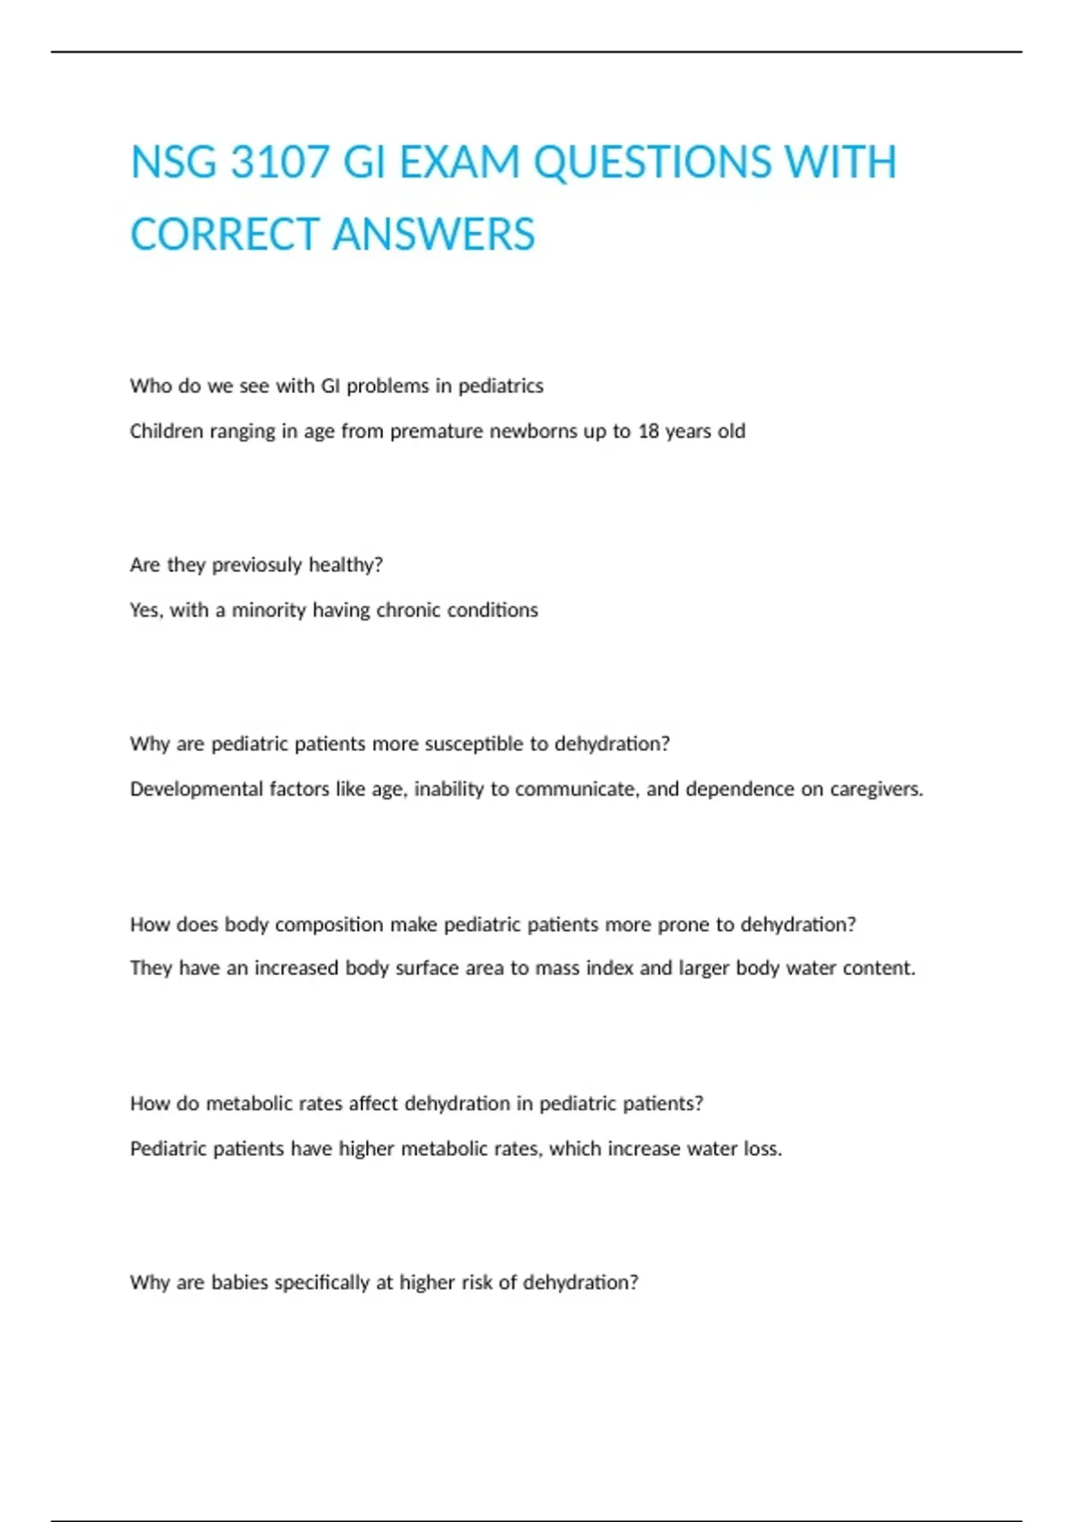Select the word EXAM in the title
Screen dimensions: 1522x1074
(x=459, y=163)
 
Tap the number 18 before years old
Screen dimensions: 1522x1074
(x=648, y=432)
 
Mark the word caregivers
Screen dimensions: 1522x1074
(x=876, y=790)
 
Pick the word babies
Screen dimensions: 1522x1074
(x=239, y=1283)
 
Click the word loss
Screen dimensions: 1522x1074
(x=763, y=1149)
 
